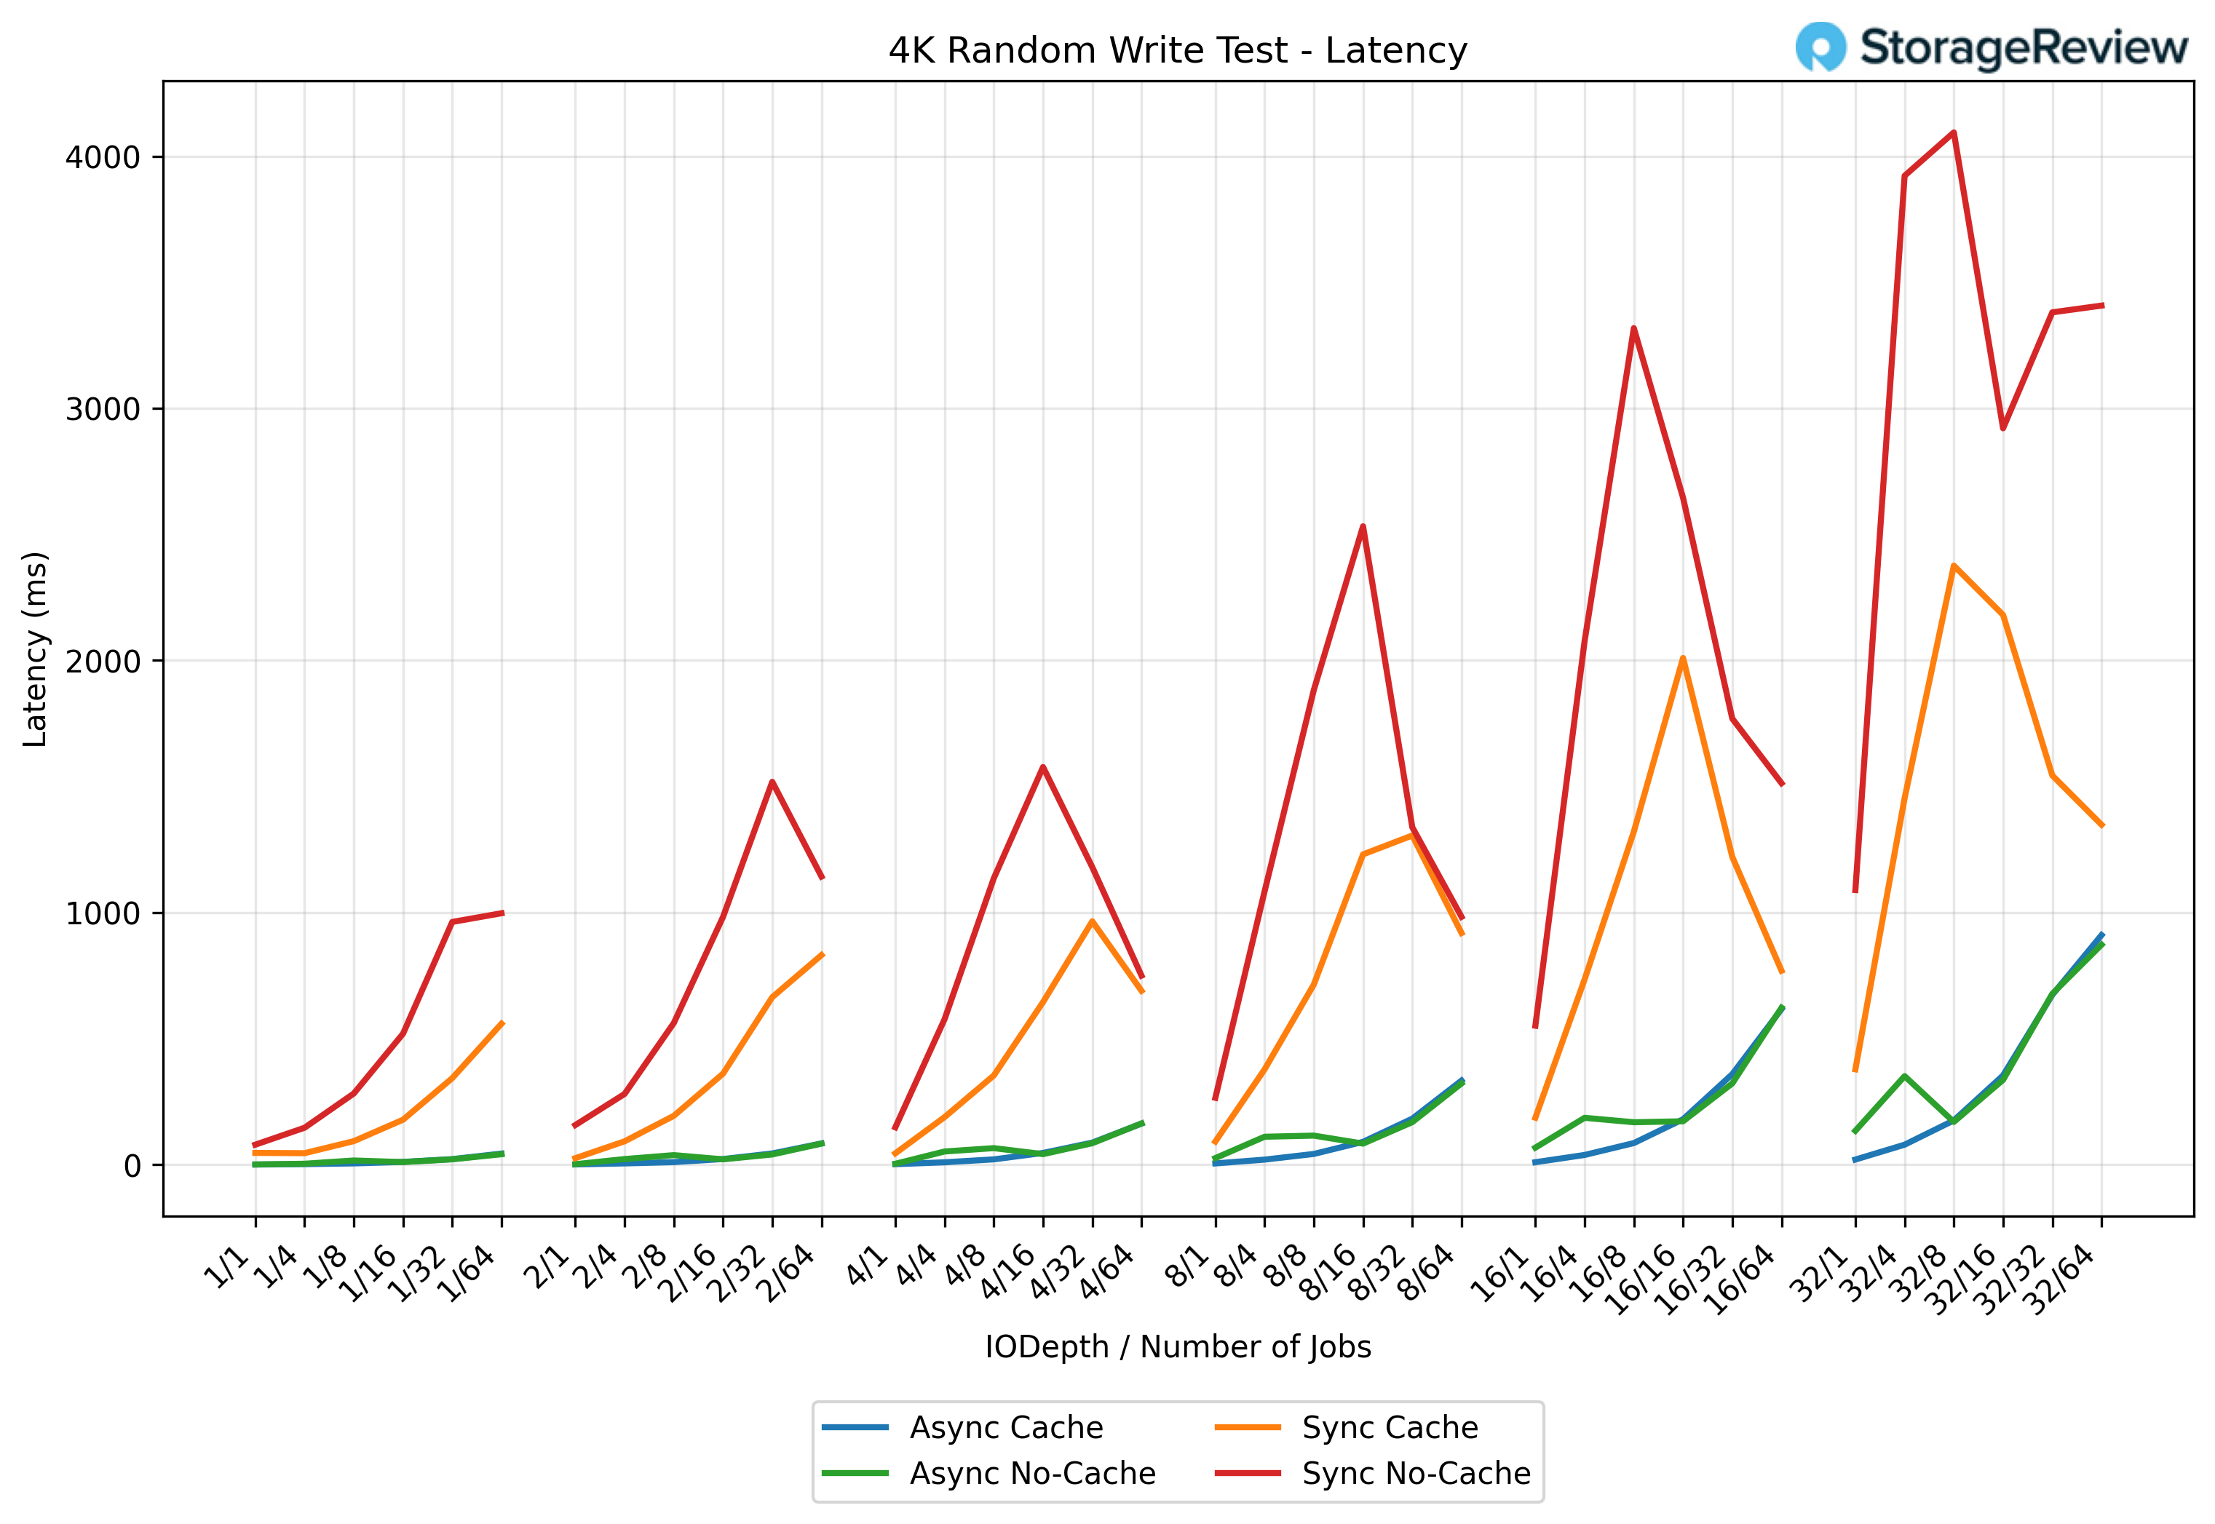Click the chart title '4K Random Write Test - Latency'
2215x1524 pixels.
(x=1176, y=51)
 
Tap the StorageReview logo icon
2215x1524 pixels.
(x=1820, y=47)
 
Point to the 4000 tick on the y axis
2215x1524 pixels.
(x=102, y=157)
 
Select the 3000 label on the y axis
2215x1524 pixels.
(x=102, y=410)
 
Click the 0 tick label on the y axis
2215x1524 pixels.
(x=132, y=1166)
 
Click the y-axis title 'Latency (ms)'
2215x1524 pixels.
(x=36, y=649)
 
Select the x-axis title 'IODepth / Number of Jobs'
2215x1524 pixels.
(x=1177, y=1346)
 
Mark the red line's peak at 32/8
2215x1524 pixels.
(x=1954, y=132)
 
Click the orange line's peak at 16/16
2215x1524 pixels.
(x=1682, y=658)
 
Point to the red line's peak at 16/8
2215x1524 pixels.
(x=1633, y=328)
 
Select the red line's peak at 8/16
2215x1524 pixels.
(x=1363, y=526)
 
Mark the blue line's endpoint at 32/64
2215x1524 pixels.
(x=2101, y=934)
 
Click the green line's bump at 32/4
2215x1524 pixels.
(x=1905, y=1076)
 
